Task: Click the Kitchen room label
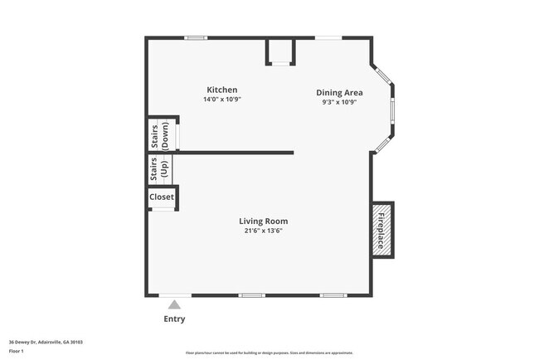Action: [x=221, y=90]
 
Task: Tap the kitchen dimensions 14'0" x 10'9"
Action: [x=221, y=100]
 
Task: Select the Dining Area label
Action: [x=339, y=93]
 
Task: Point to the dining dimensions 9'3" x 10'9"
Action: [x=339, y=103]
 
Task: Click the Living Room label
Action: [x=263, y=221]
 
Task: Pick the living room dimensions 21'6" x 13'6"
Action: [x=263, y=231]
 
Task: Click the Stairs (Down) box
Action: [x=163, y=135]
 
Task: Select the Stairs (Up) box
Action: [x=159, y=169]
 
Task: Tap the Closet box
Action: [x=162, y=197]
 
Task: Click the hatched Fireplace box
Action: [x=382, y=230]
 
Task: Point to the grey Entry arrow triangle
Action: [x=174, y=304]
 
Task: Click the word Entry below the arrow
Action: [x=174, y=319]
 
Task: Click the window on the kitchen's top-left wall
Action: [x=196, y=37]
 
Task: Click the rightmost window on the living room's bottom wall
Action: [x=333, y=295]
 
